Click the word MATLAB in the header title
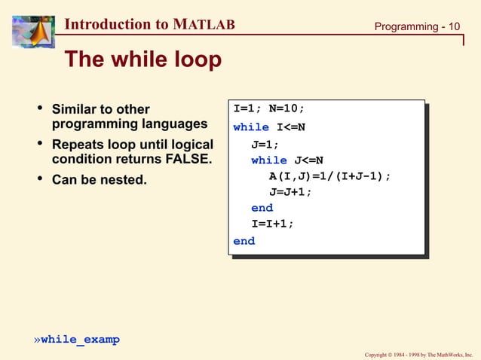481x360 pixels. pos(204,25)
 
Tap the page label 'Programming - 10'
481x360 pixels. pos(418,27)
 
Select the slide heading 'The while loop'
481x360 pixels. pos(142,59)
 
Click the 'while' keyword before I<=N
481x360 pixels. pos(250,127)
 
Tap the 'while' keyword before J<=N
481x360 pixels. pos(268,160)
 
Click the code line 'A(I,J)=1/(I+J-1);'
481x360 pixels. pos(329,176)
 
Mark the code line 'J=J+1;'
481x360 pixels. pos(290,192)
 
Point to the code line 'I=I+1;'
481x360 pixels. pos(272,224)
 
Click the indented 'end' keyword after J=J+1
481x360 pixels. pos(262,208)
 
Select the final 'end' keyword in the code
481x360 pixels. pos(244,241)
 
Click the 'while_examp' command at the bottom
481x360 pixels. pos(80,340)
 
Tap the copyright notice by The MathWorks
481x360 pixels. pos(418,353)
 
